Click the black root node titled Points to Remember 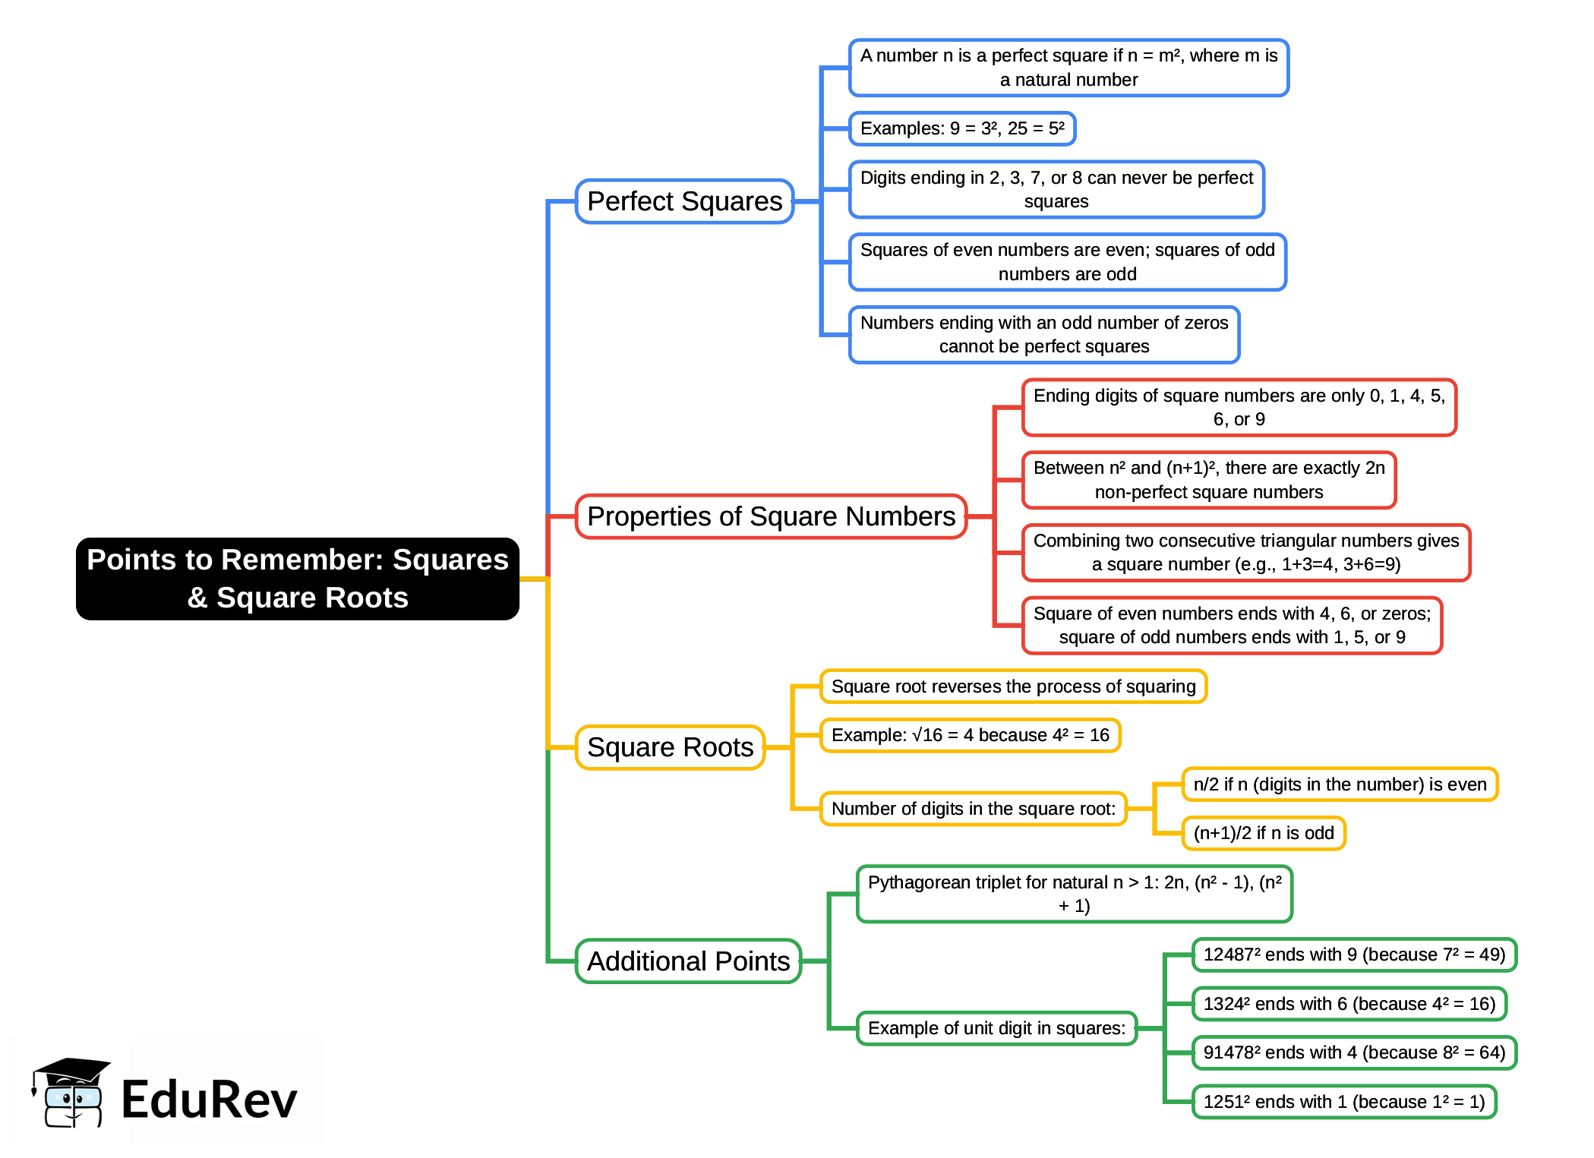click(x=297, y=579)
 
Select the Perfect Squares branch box click(x=684, y=201)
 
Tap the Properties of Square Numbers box click(x=771, y=516)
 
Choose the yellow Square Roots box click(x=670, y=747)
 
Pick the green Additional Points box click(x=688, y=961)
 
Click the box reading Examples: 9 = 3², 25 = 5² click(x=961, y=128)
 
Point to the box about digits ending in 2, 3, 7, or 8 click(x=1056, y=189)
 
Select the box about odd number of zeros click(x=1043, y=334)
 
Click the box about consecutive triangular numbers click(x=1245, y=552)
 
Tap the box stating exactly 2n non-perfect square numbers click(x=1208, y=480)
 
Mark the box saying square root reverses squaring click(x=1013, y=686)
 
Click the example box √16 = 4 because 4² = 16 click(x=970, y=735)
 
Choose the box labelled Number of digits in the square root click(x=973, y=809)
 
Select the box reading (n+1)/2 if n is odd click(x=1263, y=833)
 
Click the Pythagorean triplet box click(x=1074, y=894)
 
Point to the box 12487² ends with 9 click(x=1353, y=954)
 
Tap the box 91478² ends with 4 click(x=1353, y=1052)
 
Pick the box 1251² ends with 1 click(x=1343, y=1102)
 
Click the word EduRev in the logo click(x=209, y=1100)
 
